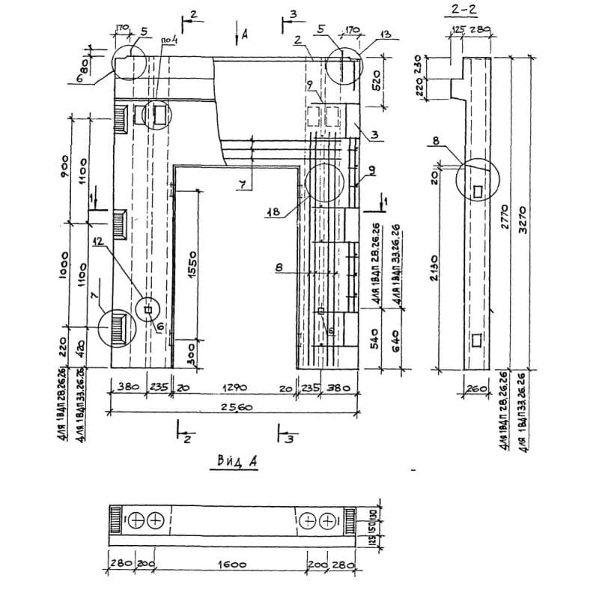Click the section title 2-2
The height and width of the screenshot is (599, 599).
(x=465, y=12)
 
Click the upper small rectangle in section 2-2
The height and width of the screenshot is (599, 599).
(x=478, y=192)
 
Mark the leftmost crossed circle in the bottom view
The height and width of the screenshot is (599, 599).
(x=138, y=520)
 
